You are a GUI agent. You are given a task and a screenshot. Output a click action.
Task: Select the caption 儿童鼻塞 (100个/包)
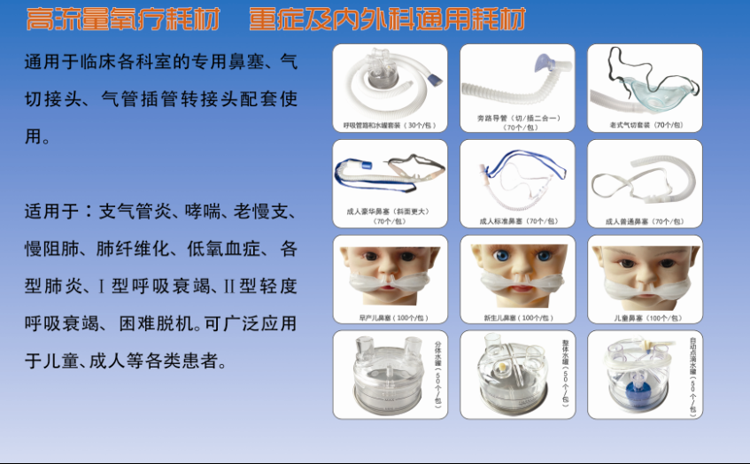coord(644,316)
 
